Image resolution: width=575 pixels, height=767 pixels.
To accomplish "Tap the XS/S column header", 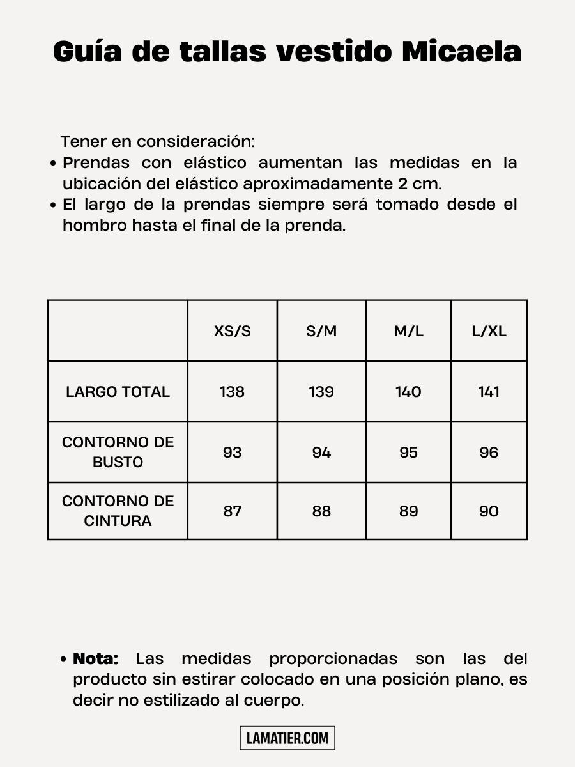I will [232, 331].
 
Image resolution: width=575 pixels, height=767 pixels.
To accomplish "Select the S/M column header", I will [321, 331].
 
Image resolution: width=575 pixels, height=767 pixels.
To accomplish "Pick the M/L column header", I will [408, 331].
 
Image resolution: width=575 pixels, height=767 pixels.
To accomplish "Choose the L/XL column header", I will [489, 331].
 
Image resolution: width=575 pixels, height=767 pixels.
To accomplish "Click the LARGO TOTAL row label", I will [118, 392].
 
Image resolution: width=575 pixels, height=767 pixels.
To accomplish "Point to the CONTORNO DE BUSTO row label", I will [118, 452].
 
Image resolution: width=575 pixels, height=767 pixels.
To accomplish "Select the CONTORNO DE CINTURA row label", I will [118, 511].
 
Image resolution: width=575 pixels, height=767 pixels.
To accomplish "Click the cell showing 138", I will [232, 392].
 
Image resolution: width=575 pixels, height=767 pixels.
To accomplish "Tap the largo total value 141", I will [489, 392].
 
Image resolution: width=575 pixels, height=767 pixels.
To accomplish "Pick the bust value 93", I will [232, 453].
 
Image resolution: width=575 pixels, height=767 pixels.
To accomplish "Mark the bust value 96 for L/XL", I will [489, 453].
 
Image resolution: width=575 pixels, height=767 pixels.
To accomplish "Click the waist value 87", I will [232, 511].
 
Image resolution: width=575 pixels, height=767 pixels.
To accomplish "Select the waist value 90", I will [489, 511].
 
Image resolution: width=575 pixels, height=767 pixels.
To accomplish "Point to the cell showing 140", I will [408, 392].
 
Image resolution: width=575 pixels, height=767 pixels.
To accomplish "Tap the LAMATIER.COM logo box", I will [287, 738].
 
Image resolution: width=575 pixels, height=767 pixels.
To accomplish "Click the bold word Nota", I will [96, 659].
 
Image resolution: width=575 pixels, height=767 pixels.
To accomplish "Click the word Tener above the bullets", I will [83, 141].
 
